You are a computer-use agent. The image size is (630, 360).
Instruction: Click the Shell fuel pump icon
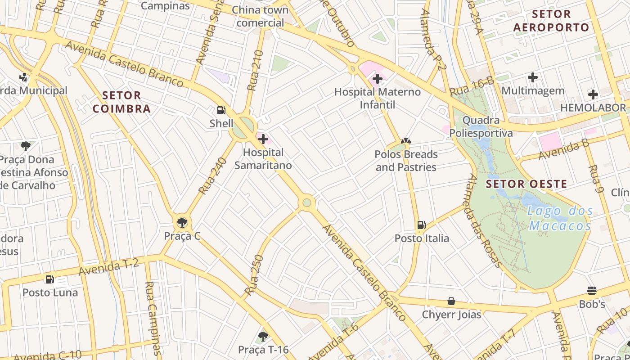tap(221, 110)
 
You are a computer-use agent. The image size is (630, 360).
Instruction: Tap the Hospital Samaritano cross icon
tap(263, 139)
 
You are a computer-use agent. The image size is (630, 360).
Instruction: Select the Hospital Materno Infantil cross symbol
tap(377, 79)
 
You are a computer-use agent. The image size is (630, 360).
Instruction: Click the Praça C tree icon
tap(182, 222)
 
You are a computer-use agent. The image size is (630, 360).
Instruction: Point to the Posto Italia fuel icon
tap(421, 225)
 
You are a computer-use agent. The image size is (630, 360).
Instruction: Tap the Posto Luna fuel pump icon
tap(50, 279)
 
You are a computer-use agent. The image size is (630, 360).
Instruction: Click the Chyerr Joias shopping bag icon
tap(451, 301)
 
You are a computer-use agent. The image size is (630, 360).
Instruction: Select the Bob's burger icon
tap(592, 291)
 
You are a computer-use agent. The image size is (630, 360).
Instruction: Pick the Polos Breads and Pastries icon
tap(406, 141)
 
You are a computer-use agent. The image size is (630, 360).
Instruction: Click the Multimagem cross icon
tap(533, 77)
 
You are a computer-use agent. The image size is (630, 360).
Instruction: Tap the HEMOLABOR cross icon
tap(593, 94)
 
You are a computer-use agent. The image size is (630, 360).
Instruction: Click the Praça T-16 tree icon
tap(263, 336)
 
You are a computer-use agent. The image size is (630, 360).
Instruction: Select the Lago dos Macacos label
tap(560, 218)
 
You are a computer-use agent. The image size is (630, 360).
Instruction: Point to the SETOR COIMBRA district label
tap(121, 102)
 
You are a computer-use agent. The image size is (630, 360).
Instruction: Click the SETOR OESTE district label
tap(526, 184)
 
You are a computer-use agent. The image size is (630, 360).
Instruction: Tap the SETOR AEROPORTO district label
tap(551, 21)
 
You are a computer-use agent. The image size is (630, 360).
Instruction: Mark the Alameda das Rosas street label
tap(484, 220)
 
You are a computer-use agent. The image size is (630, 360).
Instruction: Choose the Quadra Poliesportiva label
tap(481, 126)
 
